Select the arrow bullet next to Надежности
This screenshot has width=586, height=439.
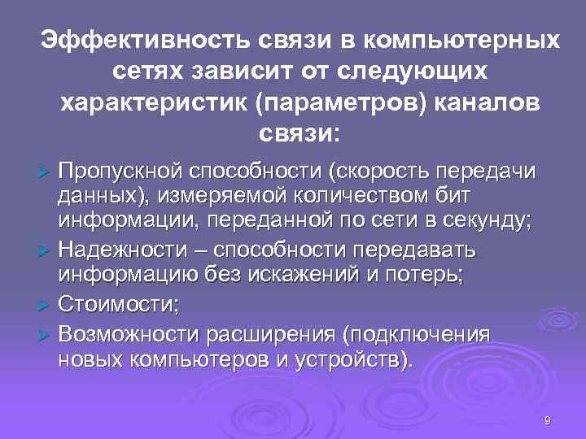point(46,248)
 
